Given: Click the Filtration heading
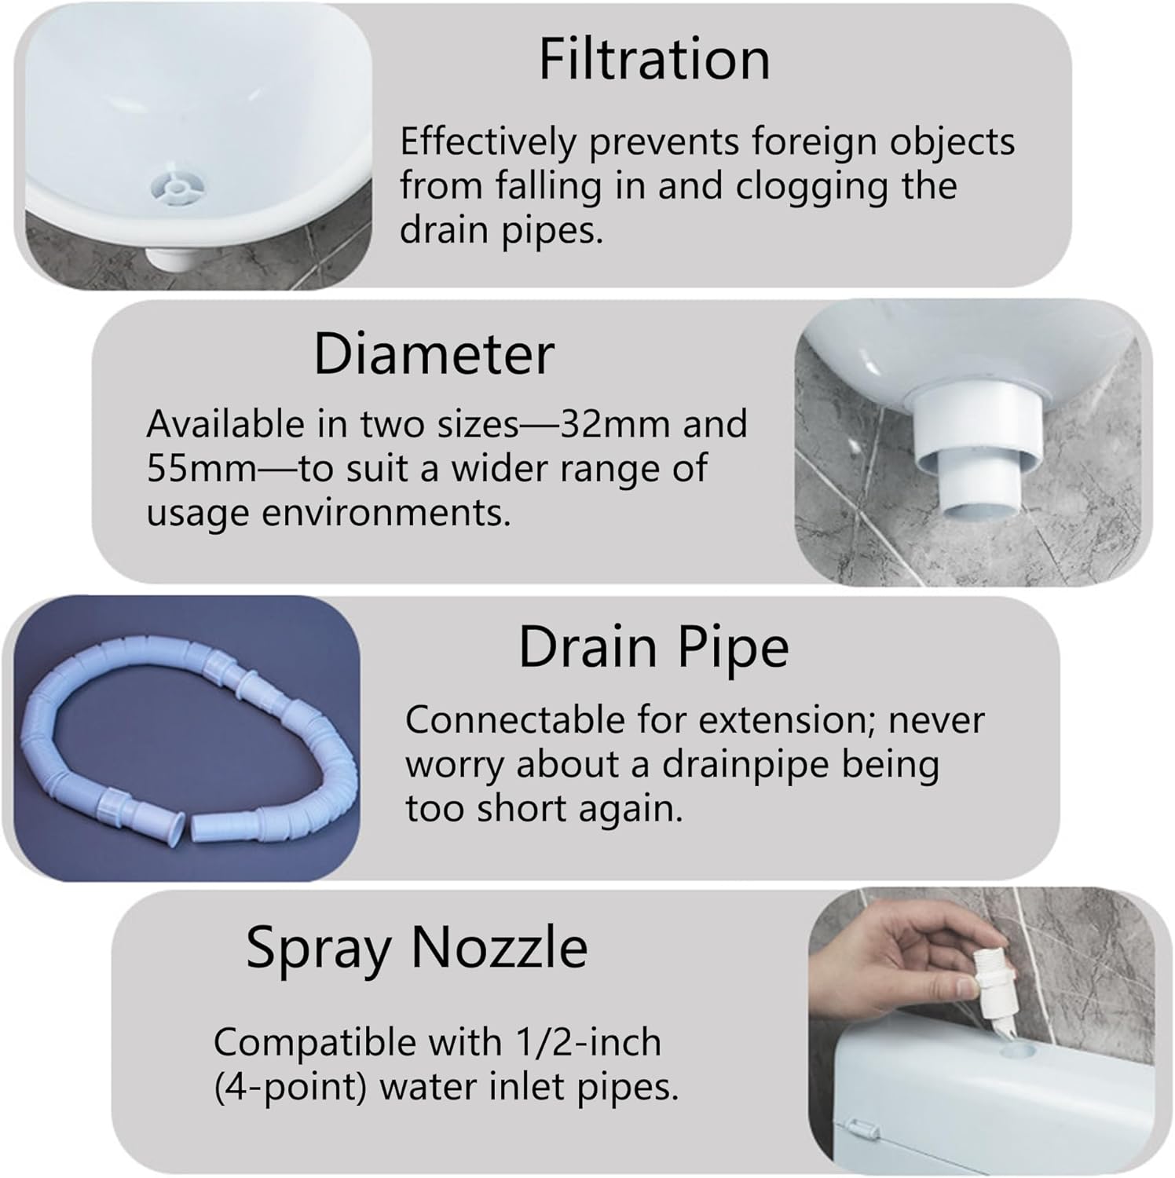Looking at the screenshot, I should coord(653,60).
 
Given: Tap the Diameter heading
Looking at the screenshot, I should coord(434,355).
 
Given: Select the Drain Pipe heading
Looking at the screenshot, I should coord(653,648).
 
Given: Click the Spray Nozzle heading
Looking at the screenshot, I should coord(416,948).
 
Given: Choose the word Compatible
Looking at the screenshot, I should coord(316,1043).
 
